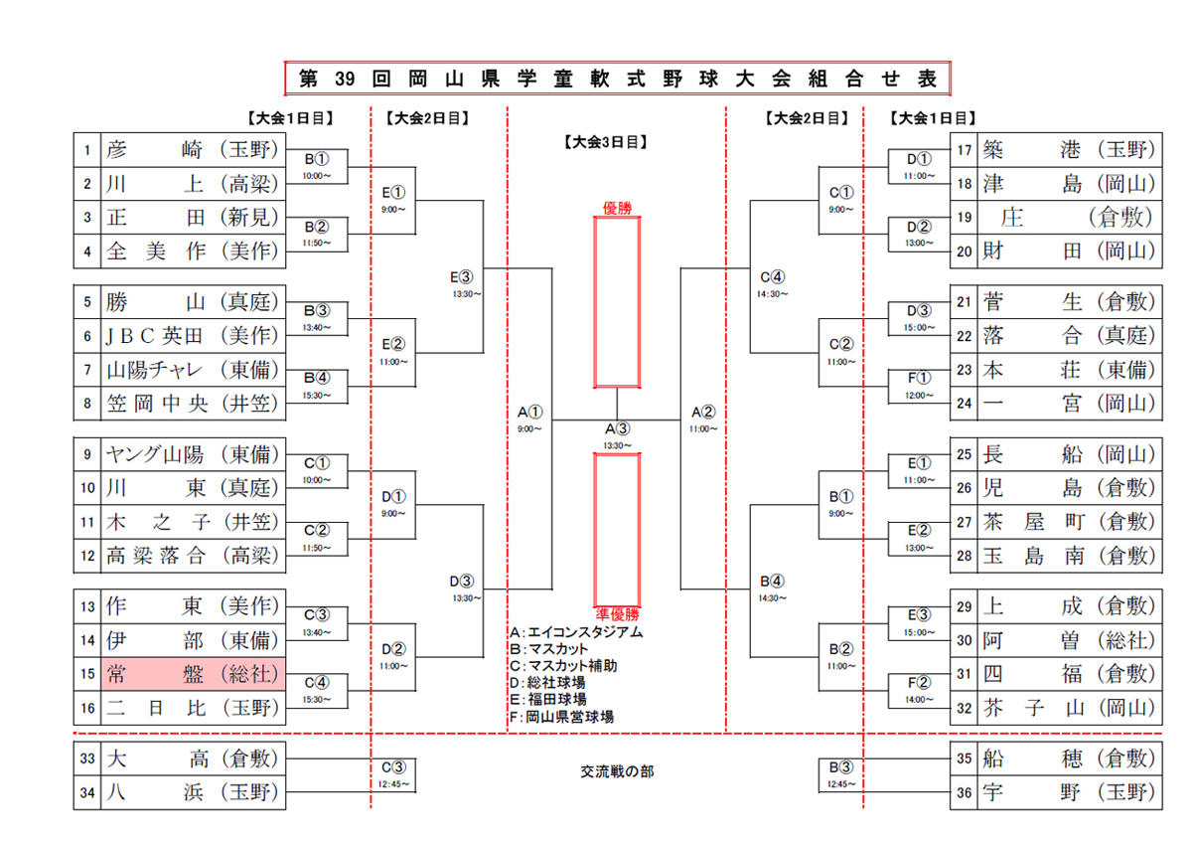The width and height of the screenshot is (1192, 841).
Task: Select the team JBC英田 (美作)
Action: [193, 336]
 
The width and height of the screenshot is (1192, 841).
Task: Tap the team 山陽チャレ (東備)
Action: [193, 371]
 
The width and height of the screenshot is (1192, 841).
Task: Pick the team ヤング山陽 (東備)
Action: [193, 455]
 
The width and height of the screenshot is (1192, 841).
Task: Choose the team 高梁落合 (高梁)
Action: [193, 555]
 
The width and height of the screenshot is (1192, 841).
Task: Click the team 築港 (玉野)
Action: [1069, 150]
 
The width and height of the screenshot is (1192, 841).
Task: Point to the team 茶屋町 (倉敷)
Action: [1069, 521]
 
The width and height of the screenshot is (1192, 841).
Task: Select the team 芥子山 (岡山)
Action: [1069, 709]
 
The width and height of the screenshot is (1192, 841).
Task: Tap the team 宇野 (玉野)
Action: [1069, 792]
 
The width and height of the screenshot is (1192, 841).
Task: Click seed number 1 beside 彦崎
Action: [87, 150]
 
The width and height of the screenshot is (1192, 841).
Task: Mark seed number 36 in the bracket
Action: [963, 792]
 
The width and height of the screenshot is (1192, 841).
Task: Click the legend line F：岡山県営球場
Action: [560, 716]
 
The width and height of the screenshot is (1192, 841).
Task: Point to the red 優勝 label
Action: [618, 208]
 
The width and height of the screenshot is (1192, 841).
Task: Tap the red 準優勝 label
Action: [618, 613]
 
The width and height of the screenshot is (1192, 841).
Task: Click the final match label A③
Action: [618, 429]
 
